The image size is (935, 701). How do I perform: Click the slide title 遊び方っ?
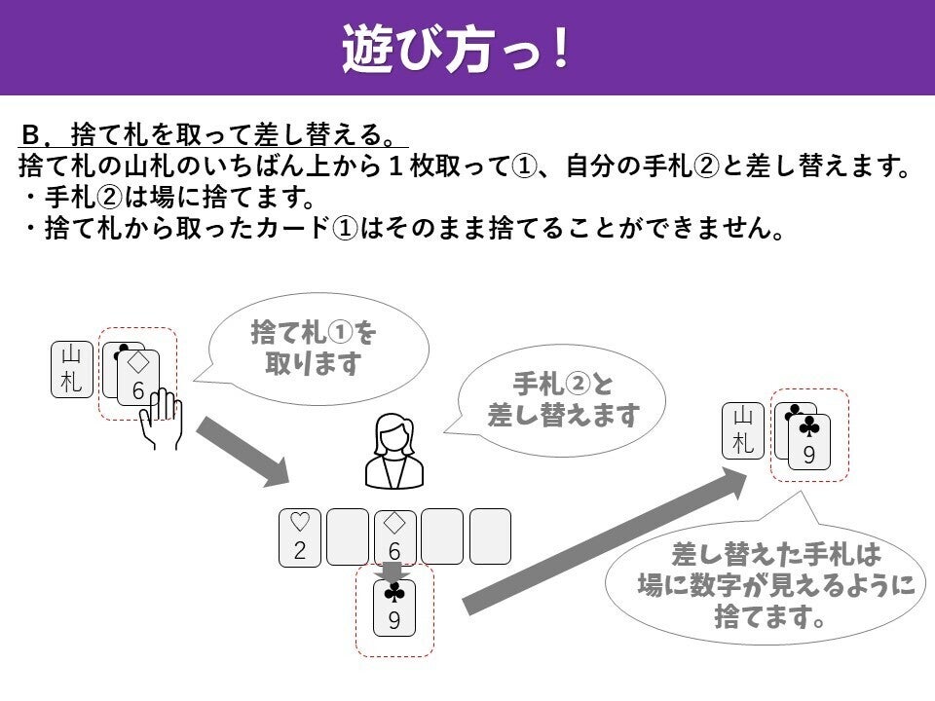click(x=455, y=48)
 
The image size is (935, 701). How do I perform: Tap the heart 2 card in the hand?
click(x=300, y=536)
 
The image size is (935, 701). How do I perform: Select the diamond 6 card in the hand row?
click(x=394, y=536)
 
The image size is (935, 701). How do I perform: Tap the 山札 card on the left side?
click(x=72, y=368)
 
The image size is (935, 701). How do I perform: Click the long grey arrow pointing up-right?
click(x=604, y=540)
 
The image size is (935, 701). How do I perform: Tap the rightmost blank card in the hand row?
click(x=489, y=536)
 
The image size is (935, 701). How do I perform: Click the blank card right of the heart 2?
click(x=348, y=536)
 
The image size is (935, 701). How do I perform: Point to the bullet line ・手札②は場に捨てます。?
click(x=169, y=199)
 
